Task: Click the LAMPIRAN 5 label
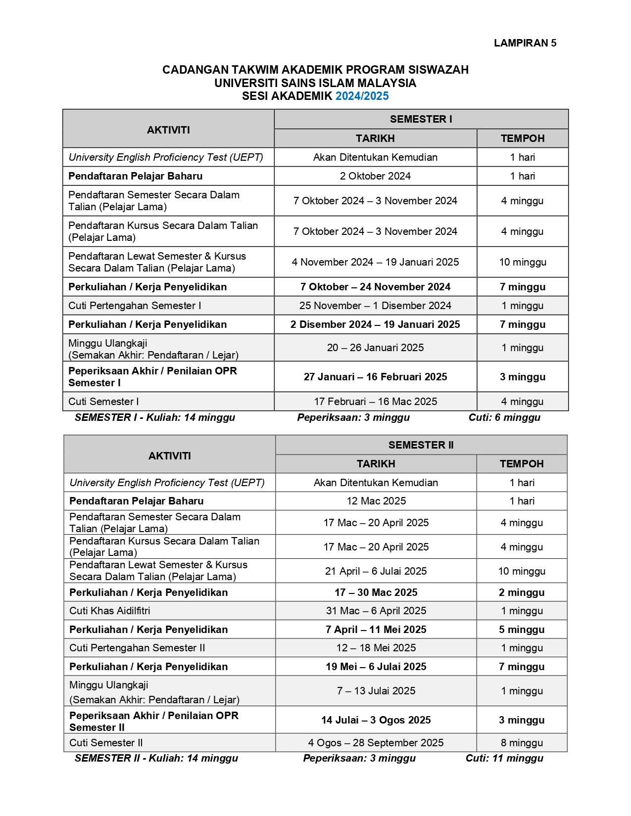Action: [525, 43]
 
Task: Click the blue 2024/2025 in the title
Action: [362, 96]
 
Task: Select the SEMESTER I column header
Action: [421, 119]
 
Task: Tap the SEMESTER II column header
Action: [421, 445]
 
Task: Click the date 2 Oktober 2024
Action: [375, 176]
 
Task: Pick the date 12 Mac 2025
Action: [376, 501]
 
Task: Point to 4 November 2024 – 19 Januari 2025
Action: [375, 262]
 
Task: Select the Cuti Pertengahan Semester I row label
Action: [135, 306]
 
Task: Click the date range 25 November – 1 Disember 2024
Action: [375, 306]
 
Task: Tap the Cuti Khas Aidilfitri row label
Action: [110, 611]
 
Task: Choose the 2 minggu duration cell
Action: [522, 592]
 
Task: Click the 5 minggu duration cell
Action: [522, 630]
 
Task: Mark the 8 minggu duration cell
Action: [522, 743]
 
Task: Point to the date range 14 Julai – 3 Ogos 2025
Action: [376, 720]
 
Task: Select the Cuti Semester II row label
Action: [106, 743]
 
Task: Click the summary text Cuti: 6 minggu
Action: [504, 417]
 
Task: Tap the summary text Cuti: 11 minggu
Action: [504, 758]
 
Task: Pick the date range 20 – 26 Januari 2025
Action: [375, 348]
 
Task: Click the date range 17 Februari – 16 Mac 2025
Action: [375, 402]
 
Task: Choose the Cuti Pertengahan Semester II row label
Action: [137, 648]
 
